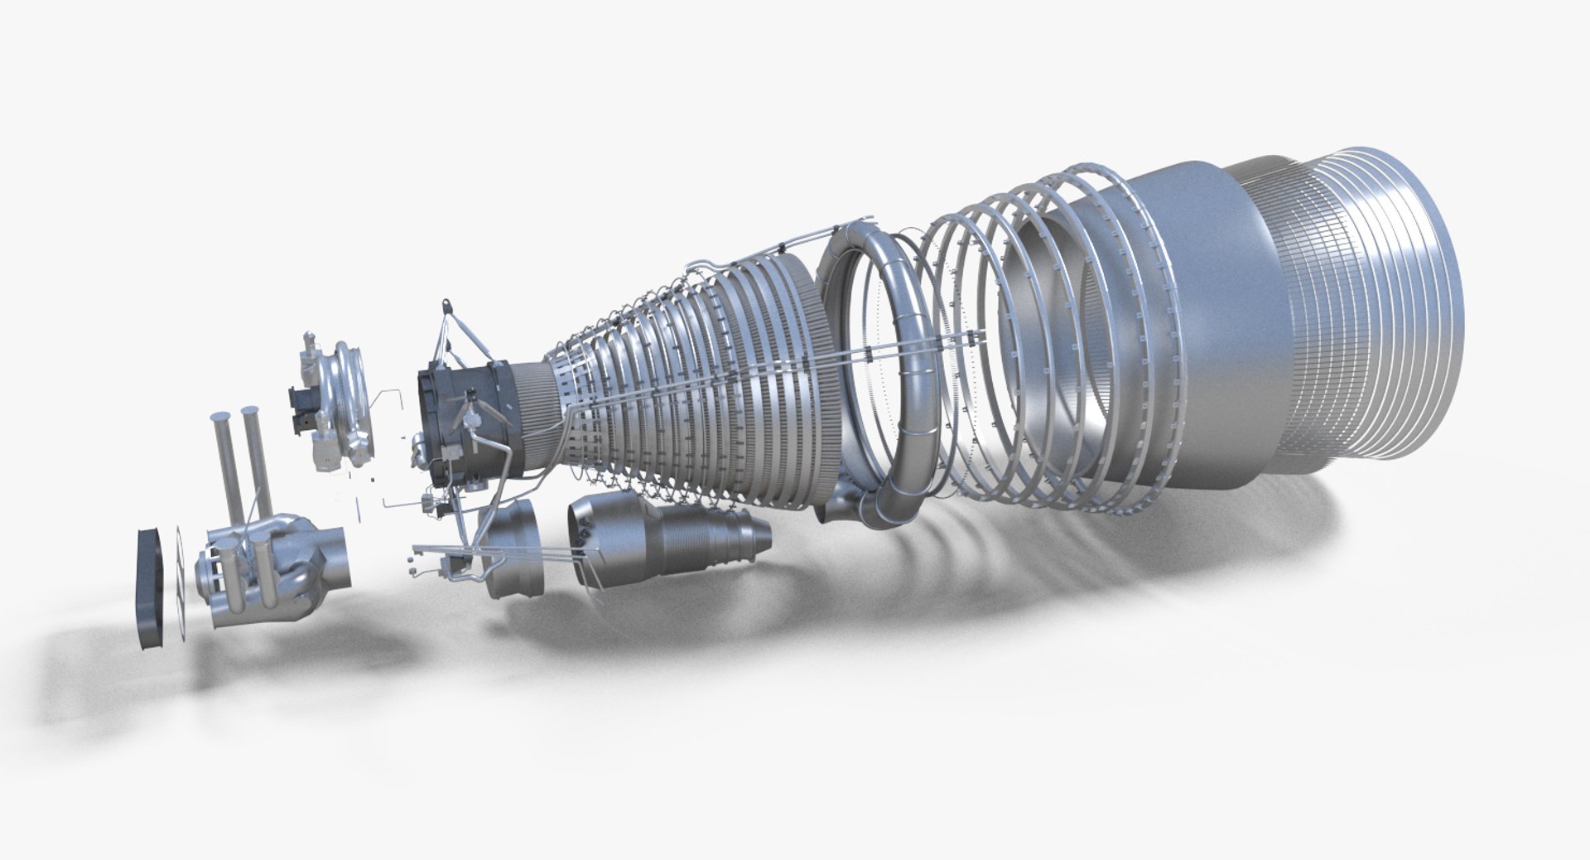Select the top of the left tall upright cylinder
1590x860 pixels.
coord(219,416)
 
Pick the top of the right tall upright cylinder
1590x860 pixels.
coord(250,411)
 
